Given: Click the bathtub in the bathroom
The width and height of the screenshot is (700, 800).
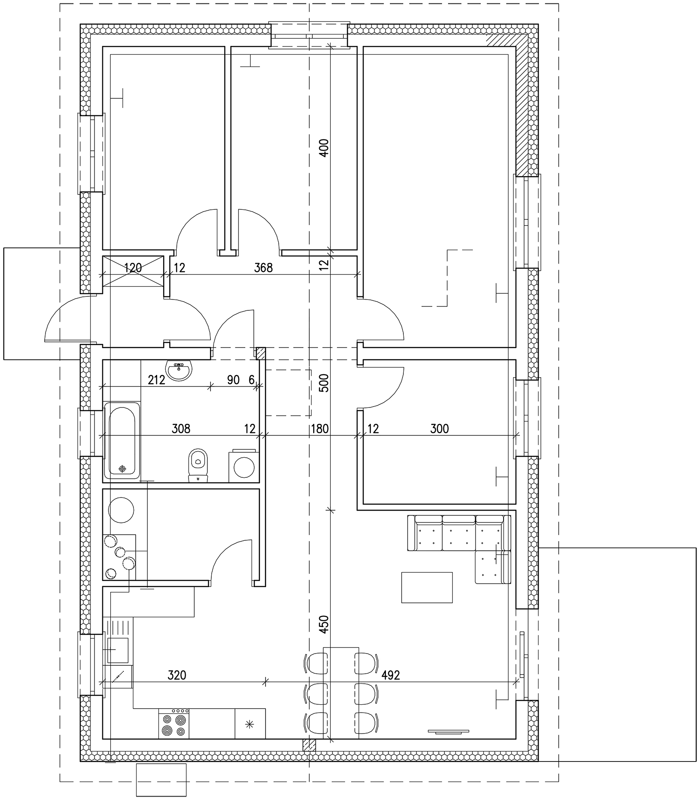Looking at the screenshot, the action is click(122, 440).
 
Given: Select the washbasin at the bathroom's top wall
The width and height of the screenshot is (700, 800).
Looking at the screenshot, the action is click(178, 371).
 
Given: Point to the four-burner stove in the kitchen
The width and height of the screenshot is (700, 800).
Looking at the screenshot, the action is click(174, 724).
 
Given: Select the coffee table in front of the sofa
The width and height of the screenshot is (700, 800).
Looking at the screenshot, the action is click(427, 587).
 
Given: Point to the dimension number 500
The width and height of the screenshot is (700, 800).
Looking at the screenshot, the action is click(324, 383).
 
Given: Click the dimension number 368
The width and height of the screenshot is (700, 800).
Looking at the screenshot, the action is click(263, 268).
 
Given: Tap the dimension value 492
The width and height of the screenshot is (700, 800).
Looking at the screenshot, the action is click(391, 675).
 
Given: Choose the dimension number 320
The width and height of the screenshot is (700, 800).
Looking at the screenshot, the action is click(177, 675).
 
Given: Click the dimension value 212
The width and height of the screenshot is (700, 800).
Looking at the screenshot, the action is click(156, 380).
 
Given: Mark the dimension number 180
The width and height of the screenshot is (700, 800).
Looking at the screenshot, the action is click(319, 429).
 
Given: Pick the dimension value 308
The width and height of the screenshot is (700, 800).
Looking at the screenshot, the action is click(181, 429).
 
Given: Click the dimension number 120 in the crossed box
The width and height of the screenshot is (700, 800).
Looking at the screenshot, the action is click(133, 268).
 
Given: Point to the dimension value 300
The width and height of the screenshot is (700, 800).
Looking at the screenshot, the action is click(439, 429).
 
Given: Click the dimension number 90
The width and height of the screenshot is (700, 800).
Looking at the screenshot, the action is click(233, 380).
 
